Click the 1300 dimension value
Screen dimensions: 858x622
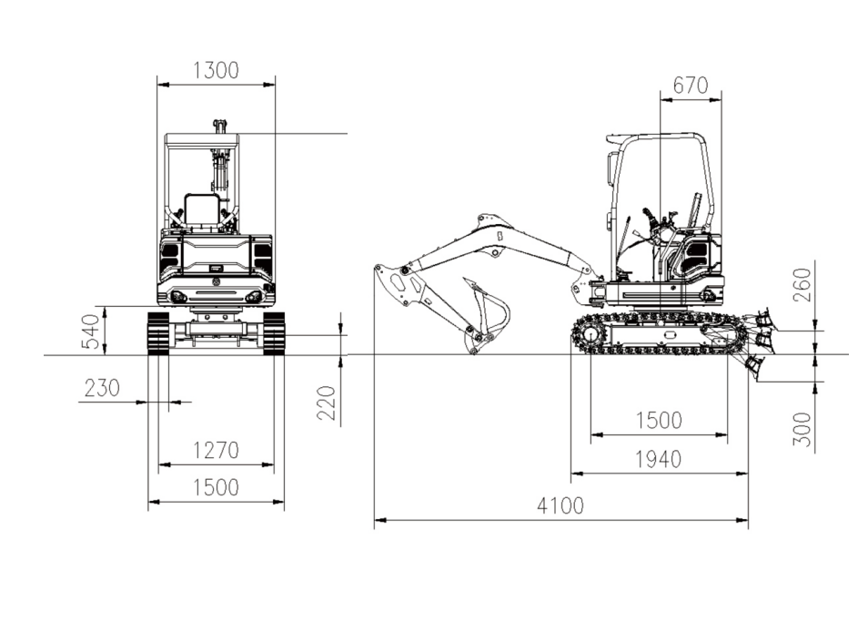(217, 71)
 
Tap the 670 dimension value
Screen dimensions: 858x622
(690, 86)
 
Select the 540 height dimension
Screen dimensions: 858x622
(91, 331)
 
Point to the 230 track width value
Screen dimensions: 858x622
(102, 388)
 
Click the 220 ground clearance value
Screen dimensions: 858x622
(327, 403)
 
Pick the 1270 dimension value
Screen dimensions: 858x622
(217, 451)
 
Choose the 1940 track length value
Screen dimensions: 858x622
(658, 459)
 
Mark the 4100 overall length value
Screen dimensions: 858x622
(560, 506)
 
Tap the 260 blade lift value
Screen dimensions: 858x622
(802, 284)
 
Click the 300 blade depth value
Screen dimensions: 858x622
(802, 429)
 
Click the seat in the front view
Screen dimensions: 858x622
(202, 209)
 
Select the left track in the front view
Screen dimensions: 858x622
(158, 333)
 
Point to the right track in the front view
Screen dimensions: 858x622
(274, 333)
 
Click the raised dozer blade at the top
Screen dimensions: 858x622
(762, 317)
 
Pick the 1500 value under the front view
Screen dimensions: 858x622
(217, 487)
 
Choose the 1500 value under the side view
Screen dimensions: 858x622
(658, 421)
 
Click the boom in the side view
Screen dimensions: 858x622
(499, 244)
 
